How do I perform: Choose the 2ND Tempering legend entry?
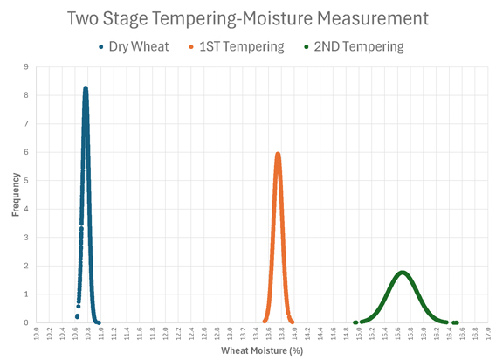(x=358, y=45)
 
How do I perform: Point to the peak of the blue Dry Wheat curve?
(x=86, y=88)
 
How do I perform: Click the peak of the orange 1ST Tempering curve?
(x=278, y=154)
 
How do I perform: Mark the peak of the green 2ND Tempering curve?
(x=403, y=272)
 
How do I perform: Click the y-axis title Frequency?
(x=16, y=194)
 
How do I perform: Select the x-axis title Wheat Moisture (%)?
(x=260, y=351)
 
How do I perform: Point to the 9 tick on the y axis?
(x=26, y=66)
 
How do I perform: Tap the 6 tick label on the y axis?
(x=26, y=152)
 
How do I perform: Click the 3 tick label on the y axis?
(x=26, y=237)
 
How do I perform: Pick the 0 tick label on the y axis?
(x=26, y=322)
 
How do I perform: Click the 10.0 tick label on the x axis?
(x=37, y=335)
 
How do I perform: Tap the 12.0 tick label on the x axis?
(x=166, y=335)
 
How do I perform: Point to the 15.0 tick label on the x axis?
(x=359, y=335)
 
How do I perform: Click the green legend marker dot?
(x=306, y=46)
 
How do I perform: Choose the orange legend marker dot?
(x=190, y=46)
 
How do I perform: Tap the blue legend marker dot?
(x=103, y=46)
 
